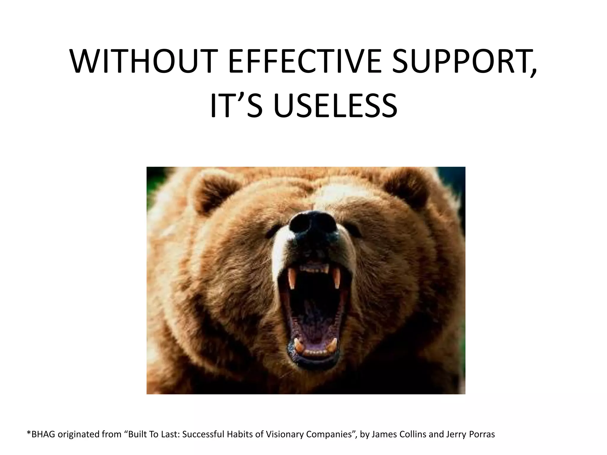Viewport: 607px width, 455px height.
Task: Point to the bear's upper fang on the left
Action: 292,280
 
